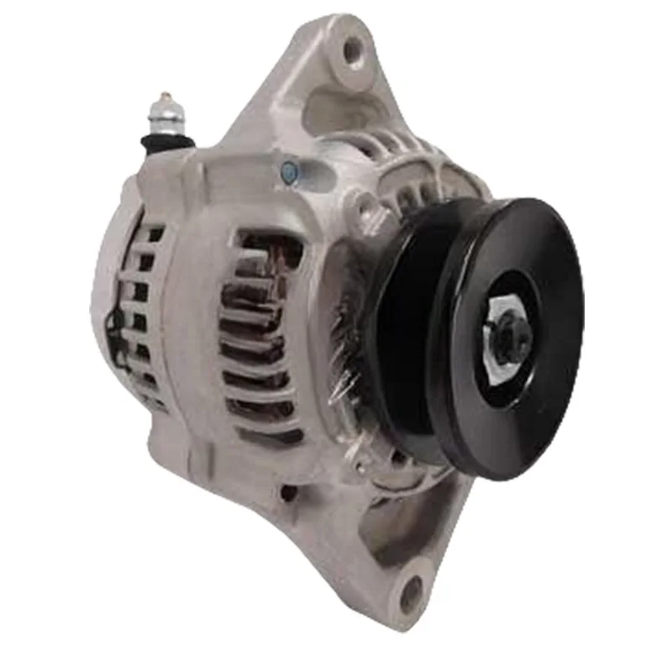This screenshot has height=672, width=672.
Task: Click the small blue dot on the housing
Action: pyautogui.click(x=289, y=172)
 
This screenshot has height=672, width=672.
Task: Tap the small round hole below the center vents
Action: pyautogui.click(x=288, y=494)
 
